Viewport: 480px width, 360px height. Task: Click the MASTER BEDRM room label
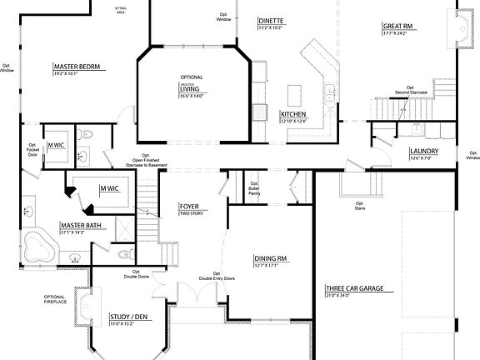77,66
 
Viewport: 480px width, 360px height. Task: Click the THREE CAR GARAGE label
354,289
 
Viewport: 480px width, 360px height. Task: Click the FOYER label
189,206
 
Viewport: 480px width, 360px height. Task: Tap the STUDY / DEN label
128,317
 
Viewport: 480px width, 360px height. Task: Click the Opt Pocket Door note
33,151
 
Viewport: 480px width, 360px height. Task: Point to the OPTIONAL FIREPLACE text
54,300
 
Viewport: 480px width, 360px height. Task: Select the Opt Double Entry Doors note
217,276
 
